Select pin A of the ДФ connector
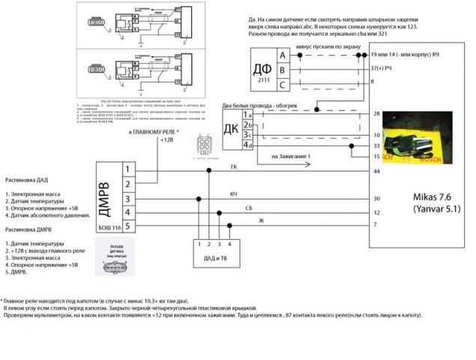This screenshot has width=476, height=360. pos(282,55)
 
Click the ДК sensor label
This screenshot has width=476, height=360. pos(232,127)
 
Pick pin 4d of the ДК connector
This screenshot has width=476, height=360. pos(247,145)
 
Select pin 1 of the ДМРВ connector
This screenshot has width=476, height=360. pos(127,169)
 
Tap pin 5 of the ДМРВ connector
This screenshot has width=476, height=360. pos(127,226)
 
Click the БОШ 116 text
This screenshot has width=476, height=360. pos(109,226)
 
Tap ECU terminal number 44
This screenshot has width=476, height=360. pos(376,172)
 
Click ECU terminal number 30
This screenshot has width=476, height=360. pos(376,199)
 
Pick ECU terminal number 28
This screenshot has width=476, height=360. pos(376,114)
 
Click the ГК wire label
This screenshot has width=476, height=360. pos(234,167)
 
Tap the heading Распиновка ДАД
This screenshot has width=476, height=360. pos(28,180)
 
